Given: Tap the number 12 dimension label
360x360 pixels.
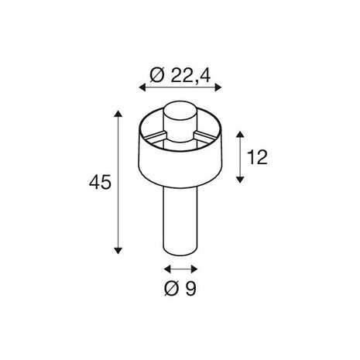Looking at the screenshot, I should (259, 157).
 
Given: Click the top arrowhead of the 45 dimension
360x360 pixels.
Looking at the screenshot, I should (118, 114).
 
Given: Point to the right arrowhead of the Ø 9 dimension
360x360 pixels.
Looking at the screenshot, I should (195, 269).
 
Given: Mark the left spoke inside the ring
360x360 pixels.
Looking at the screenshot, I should (154, 136).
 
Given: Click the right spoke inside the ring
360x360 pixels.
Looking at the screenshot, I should (207, 136).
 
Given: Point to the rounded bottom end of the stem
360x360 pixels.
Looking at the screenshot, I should (181, 252).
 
